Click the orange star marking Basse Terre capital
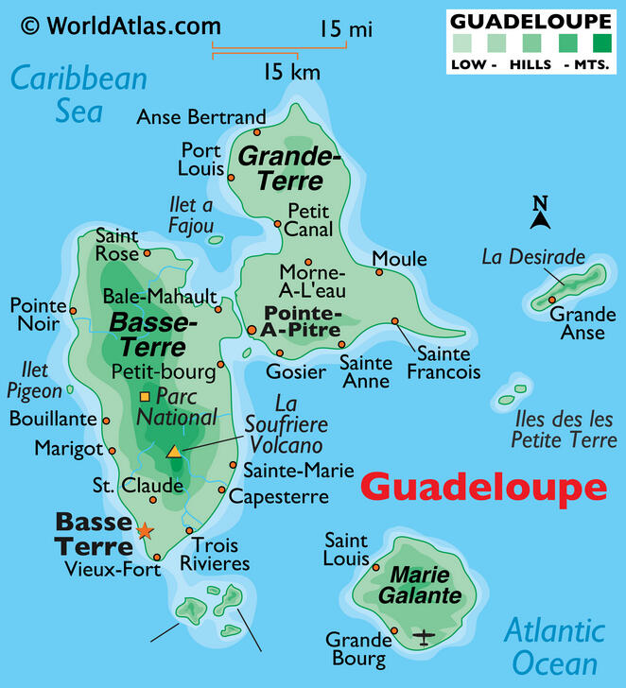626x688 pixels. (144, 531)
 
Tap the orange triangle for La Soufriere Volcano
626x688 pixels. (174, 452)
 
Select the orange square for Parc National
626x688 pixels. (145, 396)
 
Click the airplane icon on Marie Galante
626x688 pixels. (424, 636)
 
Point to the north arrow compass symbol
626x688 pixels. (540, 214)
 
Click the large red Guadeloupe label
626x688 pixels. (483, 488)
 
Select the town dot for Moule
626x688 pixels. (379, 272)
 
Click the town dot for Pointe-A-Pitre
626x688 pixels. (252, 330)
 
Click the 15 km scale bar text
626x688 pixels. (291, 72)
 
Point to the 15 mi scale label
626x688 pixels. (345, 29)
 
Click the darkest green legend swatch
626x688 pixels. (601, 43)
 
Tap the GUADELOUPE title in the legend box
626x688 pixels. (530, 19)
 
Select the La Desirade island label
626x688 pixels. (532, 256)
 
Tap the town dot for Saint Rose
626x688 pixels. (147, 253)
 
